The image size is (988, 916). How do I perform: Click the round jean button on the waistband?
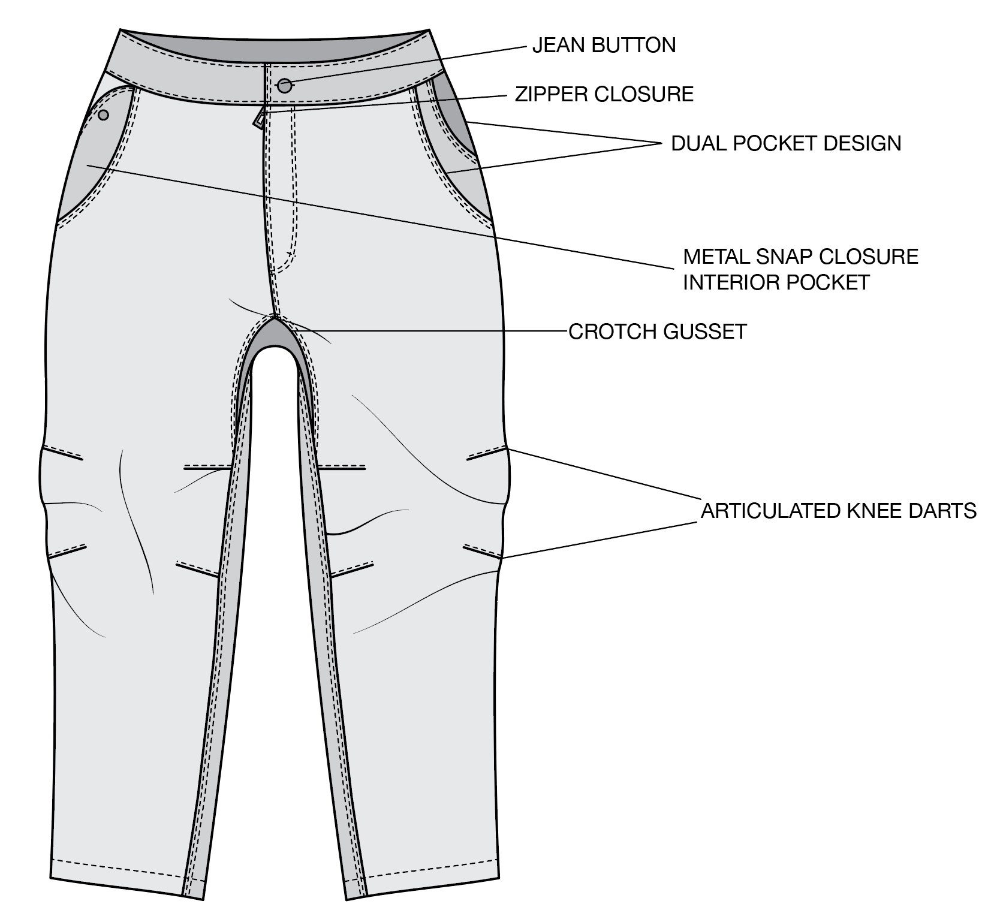click(x=285, y=86)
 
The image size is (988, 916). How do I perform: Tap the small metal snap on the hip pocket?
click(x=103, y=115)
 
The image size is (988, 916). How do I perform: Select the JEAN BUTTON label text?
click(x=604, y=46)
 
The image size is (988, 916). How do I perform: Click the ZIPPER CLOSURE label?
click(x=604, y=94)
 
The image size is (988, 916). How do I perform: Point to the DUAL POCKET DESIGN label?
click(x=786, y=143)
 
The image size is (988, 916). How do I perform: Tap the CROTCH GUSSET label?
click(x=658, y=332)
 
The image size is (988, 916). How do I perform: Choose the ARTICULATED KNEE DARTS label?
click(x=839, y=511)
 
